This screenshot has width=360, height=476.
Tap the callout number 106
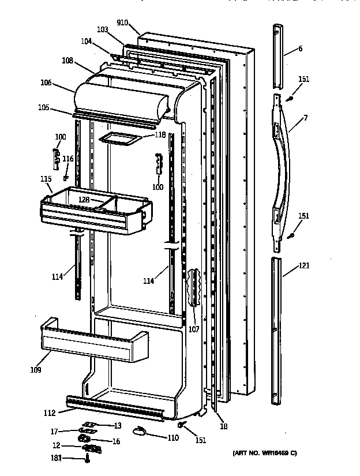(46, 83)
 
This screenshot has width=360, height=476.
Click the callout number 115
(46, 179)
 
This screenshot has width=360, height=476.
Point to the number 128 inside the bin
(84, 200)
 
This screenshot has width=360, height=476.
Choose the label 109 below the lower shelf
(36, 370)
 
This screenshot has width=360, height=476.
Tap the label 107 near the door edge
(193, 330)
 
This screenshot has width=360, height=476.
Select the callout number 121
(304, 266)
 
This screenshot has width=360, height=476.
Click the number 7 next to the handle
(305, 118)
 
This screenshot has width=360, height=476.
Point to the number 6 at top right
(300, 49)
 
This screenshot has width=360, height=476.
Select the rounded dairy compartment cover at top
(121, 99)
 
